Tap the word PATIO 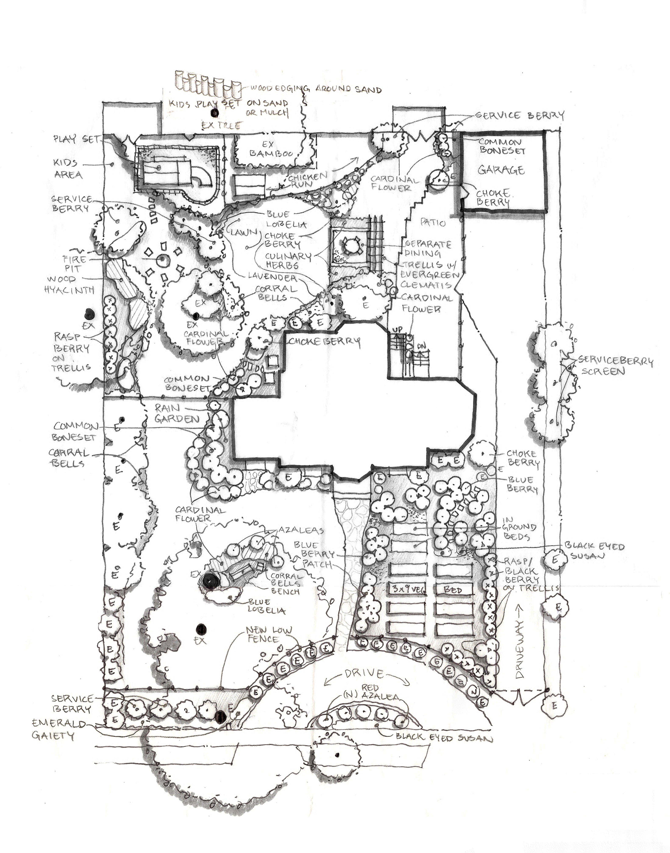point(433,222)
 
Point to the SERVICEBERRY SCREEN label point(617,366)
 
